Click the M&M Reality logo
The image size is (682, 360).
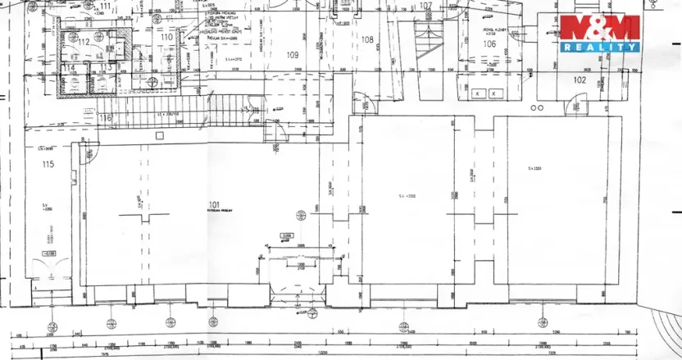pyautogui.click(x=599, y=33)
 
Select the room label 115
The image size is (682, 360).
pyautogui.click(x=48, y=165)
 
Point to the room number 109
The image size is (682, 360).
pyautogui.click(x=292, y=55)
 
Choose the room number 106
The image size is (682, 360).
pyautogui.click(x=489, y=43)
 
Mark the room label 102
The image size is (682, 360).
pyautogui.click(x=580, y=80)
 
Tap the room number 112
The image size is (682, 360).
pyautogui.click(x=83, y=42)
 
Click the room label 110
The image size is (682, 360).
pyautogui.click(x=166, y=38)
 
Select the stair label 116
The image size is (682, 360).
pyautogui.click(x=104, y=119)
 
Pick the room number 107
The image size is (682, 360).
pyautogui.click(x=425, y=6)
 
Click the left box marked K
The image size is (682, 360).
pyautogui.click(x=475, y=94)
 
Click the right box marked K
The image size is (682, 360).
pyautogui.click(x=493, y=94)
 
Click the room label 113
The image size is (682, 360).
pyautogui.click(x=105, y=67)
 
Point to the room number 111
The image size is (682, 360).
pyautogui.click(x=104, y=6)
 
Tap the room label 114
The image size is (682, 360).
pyautogui.click(x=70, y=67)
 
